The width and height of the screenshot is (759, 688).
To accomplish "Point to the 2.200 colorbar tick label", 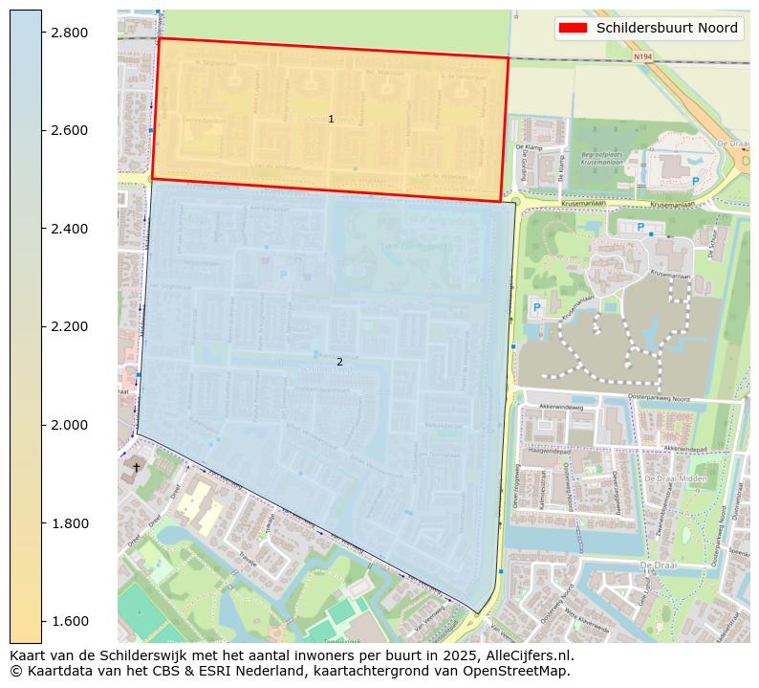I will (69, 326).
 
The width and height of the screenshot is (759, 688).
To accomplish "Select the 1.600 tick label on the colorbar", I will (69, 621).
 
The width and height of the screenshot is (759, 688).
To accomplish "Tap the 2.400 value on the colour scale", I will (69, 229).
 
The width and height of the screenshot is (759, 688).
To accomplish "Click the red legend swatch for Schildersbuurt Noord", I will (573, 28).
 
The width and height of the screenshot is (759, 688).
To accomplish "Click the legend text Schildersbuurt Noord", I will (667, 28).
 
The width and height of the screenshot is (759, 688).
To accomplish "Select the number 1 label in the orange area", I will (331, 119).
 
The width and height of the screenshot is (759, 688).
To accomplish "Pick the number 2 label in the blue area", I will (339, 362).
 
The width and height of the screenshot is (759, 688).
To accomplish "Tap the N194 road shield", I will (642, 56).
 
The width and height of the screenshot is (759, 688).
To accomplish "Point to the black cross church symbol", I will (136, 468).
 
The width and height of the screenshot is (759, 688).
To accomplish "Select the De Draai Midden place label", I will (676, 477).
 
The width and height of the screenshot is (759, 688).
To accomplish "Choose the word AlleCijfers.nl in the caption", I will (527, 655).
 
